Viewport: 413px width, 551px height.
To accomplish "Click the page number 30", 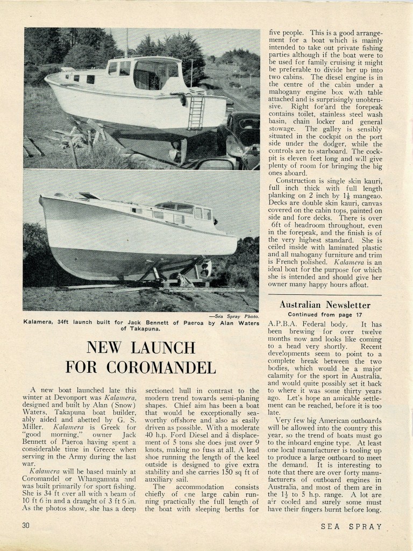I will click(25, 526).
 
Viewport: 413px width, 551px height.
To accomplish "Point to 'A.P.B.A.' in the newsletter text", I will click(285, 324).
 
